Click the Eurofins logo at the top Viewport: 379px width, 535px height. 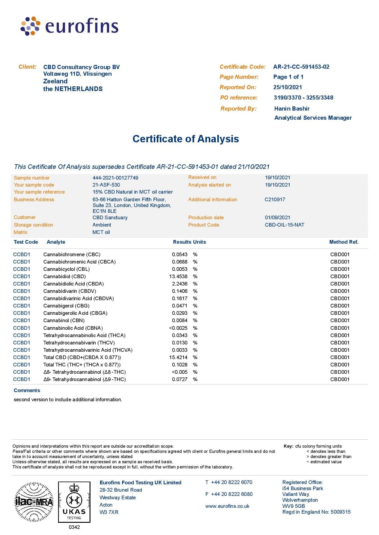[69, 26]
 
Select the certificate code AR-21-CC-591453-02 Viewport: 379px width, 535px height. [301, 67]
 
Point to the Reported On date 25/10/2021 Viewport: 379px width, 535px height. [287, 87]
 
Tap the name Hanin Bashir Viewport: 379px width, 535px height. [292, 109]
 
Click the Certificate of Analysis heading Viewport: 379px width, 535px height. [186, 139]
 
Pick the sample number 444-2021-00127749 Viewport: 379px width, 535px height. [115, 178]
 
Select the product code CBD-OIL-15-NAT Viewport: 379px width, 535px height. [284, 225]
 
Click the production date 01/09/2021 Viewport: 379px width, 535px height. [277, 217]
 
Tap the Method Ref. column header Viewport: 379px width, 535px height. [344, 242]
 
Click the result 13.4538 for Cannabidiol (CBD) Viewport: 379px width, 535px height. [178, 277]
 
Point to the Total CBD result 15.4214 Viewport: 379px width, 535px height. [178, 357]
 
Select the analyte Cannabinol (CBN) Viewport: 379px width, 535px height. [64, 321]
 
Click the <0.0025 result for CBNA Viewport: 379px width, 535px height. [178, 328]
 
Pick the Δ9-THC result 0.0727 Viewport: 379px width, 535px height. [179, 379]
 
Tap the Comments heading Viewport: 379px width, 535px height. [27, 391]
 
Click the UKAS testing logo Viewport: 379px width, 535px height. [74, 502]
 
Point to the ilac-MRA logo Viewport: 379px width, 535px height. [34, 502]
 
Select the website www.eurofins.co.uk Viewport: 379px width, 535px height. [227, 506]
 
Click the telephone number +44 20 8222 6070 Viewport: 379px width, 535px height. [231, 482]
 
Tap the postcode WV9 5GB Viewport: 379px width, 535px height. [293, 506]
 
